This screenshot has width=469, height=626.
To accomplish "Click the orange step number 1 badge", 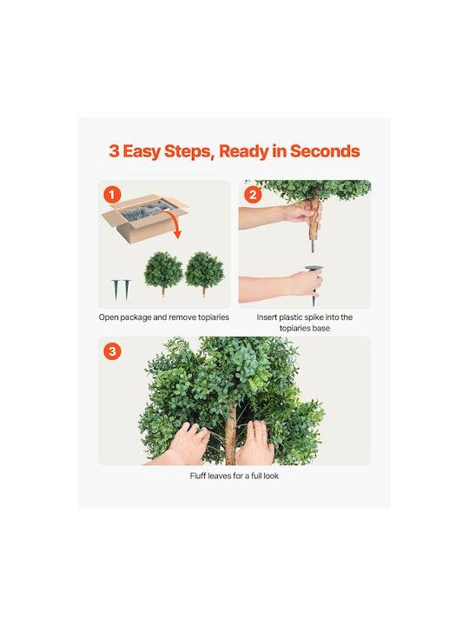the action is [x=112, y=195].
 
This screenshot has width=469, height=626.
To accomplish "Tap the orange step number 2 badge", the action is [x=253, y=195].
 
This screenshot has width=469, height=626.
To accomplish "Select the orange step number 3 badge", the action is [x=112, y=351].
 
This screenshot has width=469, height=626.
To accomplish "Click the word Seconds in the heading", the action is [x=325, y=151].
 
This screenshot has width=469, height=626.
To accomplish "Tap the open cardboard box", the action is [x=144, y=218].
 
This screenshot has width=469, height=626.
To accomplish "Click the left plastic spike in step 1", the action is [x=116, y=290].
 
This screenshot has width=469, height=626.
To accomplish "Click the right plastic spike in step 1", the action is [x=127, y=290].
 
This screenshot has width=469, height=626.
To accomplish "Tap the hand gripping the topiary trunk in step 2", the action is [x=302, y=212].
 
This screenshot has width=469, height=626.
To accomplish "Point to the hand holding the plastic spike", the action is [x=305, y=283].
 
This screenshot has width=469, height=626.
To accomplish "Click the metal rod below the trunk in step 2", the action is [x=313, y=246].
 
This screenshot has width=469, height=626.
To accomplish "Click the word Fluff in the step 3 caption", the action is [x=198, y=476].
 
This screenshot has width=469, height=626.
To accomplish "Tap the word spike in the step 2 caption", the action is [x=314, y=317].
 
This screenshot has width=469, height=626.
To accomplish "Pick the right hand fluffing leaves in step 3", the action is [x=256, y=443].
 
